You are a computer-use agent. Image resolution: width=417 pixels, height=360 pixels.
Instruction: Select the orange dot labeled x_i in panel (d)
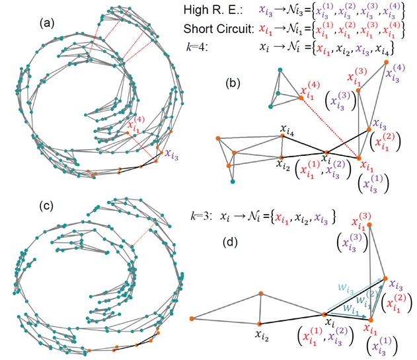[324, 314]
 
